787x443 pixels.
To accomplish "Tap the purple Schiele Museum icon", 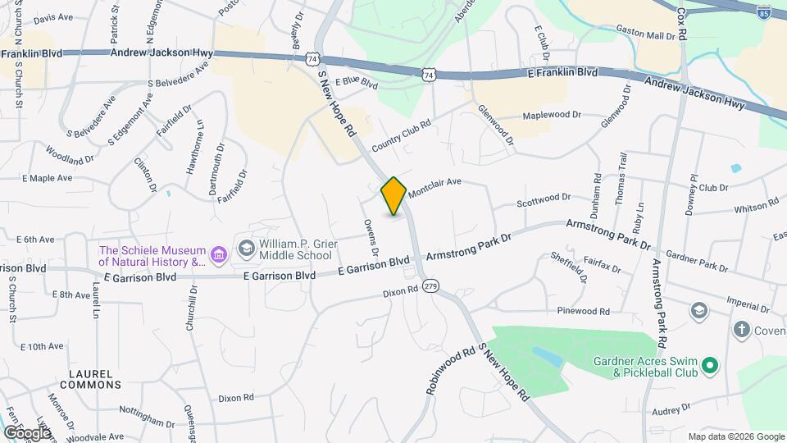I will click(x=218, y=255).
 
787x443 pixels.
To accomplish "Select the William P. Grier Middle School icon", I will click(x=245, y=247).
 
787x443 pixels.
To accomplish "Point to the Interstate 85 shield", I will click(x=764, y=12).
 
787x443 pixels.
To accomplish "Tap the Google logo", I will click(x=26, y=432).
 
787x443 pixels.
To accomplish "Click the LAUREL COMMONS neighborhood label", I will click(x=90, y=377).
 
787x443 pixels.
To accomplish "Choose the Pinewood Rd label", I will click(x=583, y=312).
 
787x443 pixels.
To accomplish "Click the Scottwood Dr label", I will click(x=543, y=199).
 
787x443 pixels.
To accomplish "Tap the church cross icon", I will click(x=741, y=329).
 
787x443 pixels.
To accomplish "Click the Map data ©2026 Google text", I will click(x=735, y=436).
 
